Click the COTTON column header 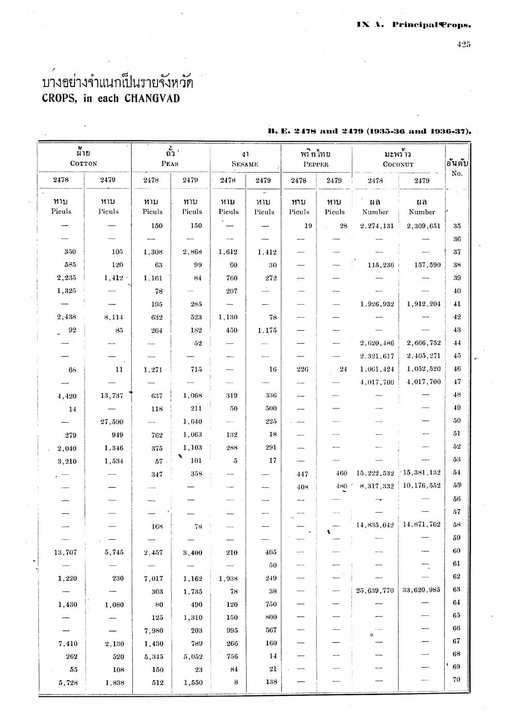[83, 163]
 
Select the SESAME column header [245, 164]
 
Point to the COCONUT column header [398, 164]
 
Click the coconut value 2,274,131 [377, 226]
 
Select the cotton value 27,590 [111, 421]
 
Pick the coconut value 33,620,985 [421, 589]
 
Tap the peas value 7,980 [153, 630]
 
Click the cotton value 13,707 [65, 553]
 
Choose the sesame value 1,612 [227, 252]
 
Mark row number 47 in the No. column [457, 382]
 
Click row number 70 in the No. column [457, 680]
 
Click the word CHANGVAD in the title [152, 98]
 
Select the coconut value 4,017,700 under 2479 [423, 382]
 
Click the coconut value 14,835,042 [375, 525]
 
